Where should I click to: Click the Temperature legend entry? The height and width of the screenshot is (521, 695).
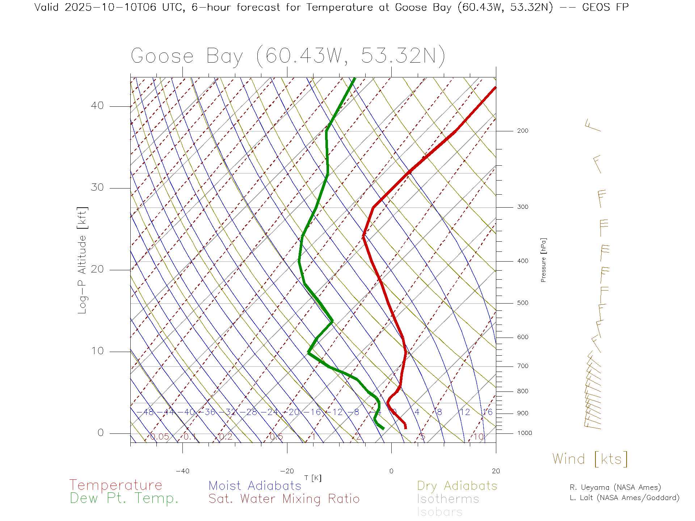(115, 485)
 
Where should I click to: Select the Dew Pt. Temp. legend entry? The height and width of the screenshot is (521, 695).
(124, 499)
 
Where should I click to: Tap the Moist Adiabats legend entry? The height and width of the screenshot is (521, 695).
(255, 486)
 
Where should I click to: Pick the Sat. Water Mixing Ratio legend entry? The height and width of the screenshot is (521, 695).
(284, 499)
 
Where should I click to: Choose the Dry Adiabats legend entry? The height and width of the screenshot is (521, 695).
(457, 486)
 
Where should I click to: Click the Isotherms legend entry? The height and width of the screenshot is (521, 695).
(448, 499)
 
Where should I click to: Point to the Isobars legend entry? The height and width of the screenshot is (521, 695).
(439, 512)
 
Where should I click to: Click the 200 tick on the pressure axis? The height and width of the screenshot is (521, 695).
(523, 131)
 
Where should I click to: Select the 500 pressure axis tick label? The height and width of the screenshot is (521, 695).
(523, 303)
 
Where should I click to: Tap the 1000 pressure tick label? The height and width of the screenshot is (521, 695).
(525, 433)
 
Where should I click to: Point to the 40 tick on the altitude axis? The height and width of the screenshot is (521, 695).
(97, 106)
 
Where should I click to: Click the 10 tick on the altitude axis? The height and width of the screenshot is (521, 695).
(97, 351)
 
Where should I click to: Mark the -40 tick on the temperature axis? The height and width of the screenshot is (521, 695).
(182, 471)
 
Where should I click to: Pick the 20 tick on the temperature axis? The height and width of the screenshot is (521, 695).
(496, 471)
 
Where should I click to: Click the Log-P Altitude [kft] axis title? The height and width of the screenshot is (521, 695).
(83, 260)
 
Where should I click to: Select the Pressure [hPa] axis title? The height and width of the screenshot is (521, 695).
(543, 260)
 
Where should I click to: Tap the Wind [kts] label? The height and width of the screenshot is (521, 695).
(590, 459)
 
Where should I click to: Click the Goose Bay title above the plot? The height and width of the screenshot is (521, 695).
(288, 56)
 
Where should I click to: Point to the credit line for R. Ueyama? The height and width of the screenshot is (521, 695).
(615, 487)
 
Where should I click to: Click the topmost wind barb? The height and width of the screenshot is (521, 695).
(593, 126)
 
